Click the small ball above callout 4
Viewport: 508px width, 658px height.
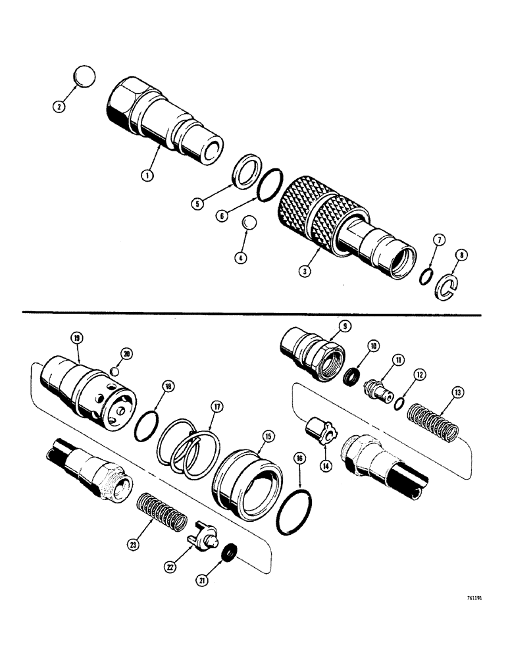coord(248,224)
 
